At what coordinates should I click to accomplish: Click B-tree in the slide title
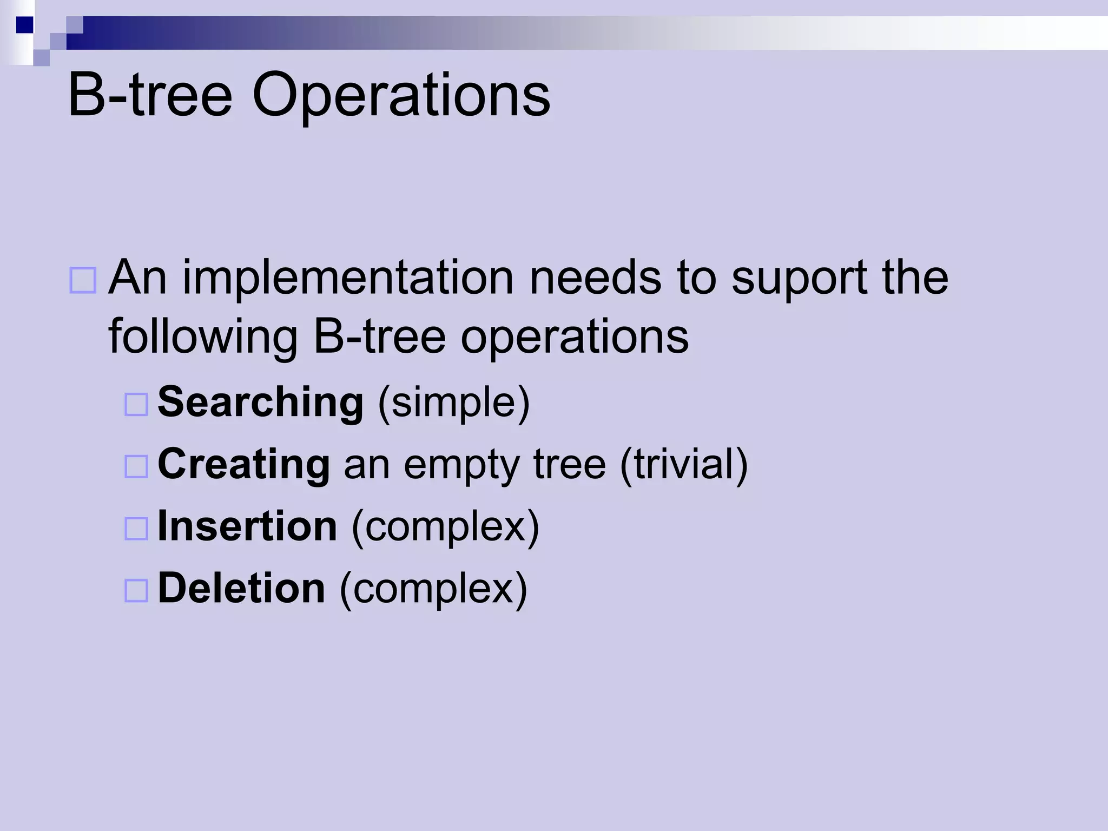[150, 96]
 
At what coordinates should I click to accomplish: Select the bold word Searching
[260, 402]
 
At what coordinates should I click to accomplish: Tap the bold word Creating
[243, 464]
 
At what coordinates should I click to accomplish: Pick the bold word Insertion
[247, 526]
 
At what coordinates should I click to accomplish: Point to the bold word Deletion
[241, 589]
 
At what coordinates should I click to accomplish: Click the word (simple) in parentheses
[453, 403]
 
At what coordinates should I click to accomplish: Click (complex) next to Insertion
[445, 527]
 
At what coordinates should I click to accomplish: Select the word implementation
[347, 279]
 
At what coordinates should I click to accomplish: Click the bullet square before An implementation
[83, 280]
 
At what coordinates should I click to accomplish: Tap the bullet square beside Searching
[136, 404]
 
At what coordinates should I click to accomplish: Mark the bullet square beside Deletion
[136, 591]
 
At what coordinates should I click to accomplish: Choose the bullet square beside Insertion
[136, 529]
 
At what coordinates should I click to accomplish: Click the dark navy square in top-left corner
[24, 25]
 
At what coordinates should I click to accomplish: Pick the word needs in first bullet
[595, 279]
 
